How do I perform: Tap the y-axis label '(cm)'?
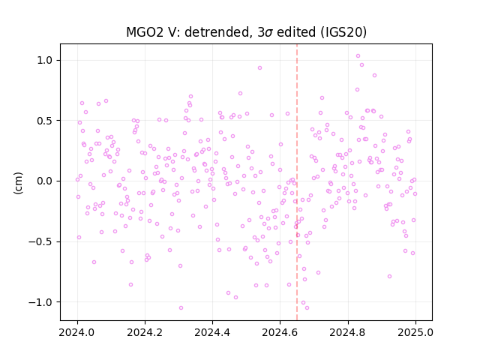tap(18, 183)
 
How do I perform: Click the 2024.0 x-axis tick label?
tap(77, 332)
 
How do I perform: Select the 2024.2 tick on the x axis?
tap(145, 332)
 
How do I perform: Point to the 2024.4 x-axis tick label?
tap(212, 332)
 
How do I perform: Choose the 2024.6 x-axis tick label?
tap(280, 332)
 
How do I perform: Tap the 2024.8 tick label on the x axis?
tap(348, 332)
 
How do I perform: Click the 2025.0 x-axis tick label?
tap(415, 332)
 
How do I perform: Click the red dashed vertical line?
tap(297, 182)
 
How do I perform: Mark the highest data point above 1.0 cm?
tap(358, 56)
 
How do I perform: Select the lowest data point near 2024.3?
tap(181, 308)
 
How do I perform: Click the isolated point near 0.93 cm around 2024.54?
tap(259, 68)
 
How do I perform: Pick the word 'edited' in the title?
tap(296, 32)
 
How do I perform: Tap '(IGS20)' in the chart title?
tap(343, 32)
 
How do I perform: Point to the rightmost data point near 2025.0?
tap(415, 193)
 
